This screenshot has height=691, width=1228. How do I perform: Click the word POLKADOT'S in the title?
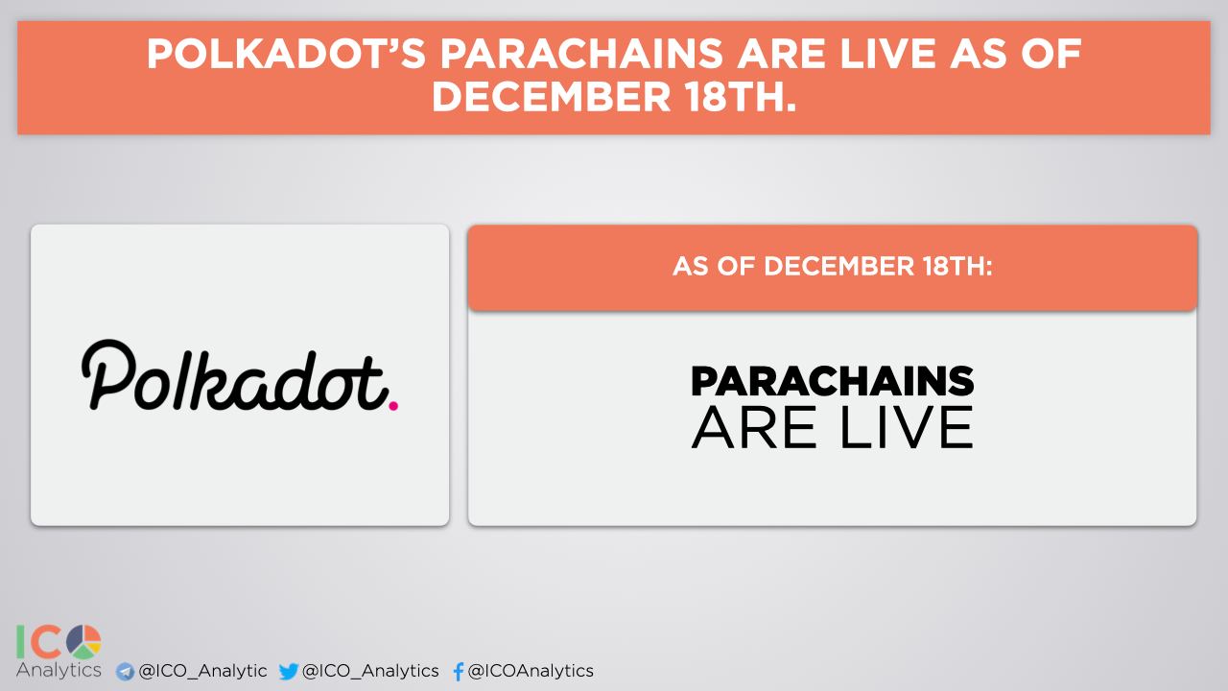tap(286, 55)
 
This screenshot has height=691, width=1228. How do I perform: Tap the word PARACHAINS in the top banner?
tap(581, 55)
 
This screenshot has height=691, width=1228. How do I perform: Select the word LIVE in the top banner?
tap(887, 55)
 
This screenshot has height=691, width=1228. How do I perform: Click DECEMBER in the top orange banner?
tap(551, 97)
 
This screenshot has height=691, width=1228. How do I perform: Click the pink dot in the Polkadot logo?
tap(393, 406)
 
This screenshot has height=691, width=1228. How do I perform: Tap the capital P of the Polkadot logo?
tap(108, 374)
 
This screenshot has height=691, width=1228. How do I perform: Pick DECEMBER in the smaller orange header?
tap(839, 267)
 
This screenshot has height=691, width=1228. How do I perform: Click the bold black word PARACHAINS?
tap(832, 381)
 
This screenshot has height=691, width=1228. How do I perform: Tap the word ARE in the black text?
tap(754, 427)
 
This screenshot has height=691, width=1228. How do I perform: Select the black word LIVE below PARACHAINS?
tap(907, 427)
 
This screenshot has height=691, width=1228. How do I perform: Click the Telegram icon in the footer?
tap(125, 672)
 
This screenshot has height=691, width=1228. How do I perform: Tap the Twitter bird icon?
tap(289, 671)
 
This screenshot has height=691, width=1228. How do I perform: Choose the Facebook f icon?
tap(459, 671)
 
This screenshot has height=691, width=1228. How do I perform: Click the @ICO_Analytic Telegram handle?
tap(202, 671)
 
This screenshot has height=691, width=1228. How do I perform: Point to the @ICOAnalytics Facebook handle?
tap(531, 671)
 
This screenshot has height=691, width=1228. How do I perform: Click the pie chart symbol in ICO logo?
tap(83, 642)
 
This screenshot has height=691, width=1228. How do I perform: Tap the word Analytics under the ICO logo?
tap(59, 670)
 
